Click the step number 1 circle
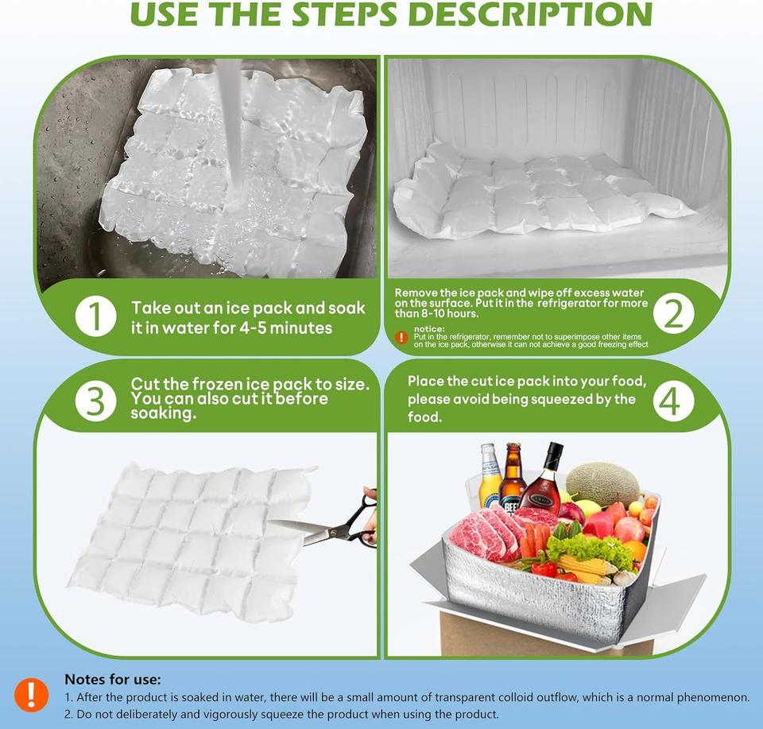[x=95, y=317]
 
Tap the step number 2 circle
[x=673, y=315]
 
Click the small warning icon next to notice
[x=401, y=337]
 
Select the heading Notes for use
[x=112, y=679]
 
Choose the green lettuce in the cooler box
[x=588, y=548]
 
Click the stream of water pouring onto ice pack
[x=227, y=127]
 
